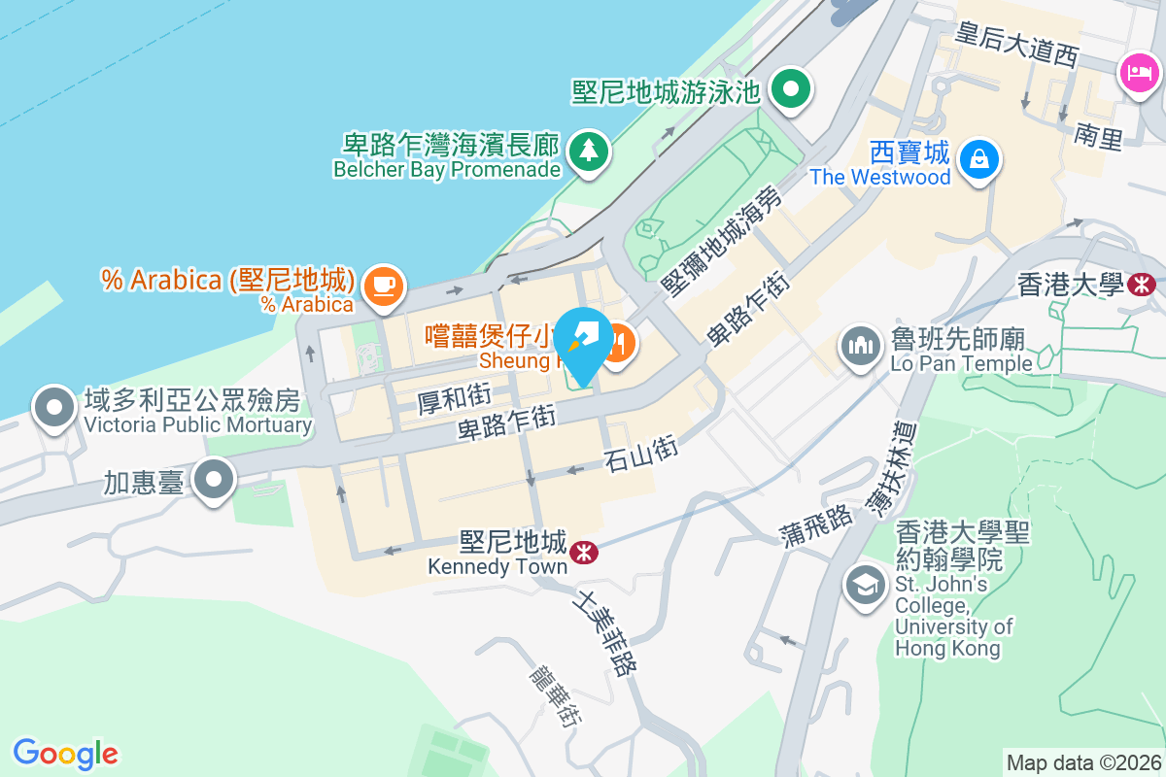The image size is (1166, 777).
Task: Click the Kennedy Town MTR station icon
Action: (584, 552)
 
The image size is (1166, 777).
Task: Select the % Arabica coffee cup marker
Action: (383, 286)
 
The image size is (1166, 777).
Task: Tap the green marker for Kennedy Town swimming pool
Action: (792, 90)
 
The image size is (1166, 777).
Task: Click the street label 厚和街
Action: (455, 398)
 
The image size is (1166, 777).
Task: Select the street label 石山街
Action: (639, 453)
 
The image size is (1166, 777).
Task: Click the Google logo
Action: (66, 754)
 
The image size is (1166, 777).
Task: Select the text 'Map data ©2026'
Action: (1082, 762)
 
